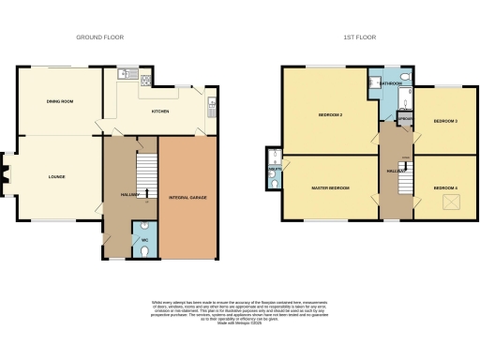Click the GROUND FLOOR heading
click(99, 37)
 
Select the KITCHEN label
click(162, 112)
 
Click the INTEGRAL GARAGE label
click(187, 199)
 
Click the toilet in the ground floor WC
click(144, 226)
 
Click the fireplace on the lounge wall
click(7, 174)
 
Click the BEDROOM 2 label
click(329, 115)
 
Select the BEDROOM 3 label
click(444, 121)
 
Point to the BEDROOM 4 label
click(445, 188)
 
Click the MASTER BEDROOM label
click(330, 188)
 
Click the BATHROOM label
click(392, 83)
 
